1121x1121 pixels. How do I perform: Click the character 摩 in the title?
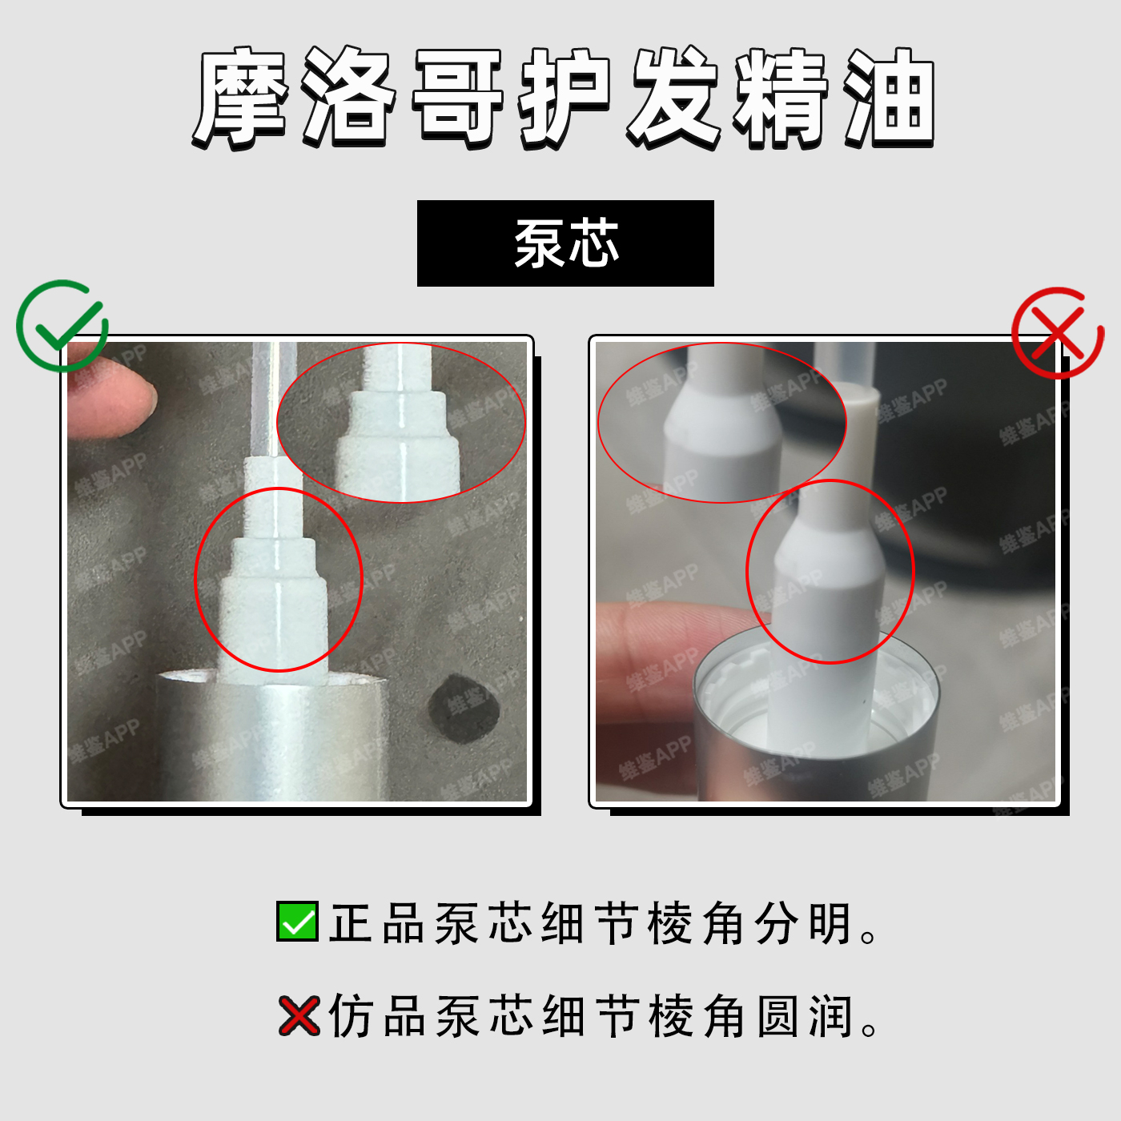pyautogui.click(x=241, y=97)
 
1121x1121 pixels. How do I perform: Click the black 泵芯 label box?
pyautogui.click(x=565, y=243)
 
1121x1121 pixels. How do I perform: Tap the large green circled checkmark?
pyautogui.click(x=62, y=326)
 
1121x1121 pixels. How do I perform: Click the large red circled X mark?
pyautogui.click(x=1058, y=333)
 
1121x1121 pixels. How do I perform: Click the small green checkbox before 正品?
pyautogui.click(x=297, y=922)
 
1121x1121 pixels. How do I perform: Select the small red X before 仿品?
pyautogui.click(x=299, y=1016)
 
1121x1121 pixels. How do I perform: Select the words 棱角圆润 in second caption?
pyautogui.click(x=750, y=1017)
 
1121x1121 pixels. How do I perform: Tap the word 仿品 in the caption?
pyautogui.click(x=376, y=1017)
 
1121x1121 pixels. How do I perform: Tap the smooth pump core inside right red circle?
pyautogui.click(x=829, y=576)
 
